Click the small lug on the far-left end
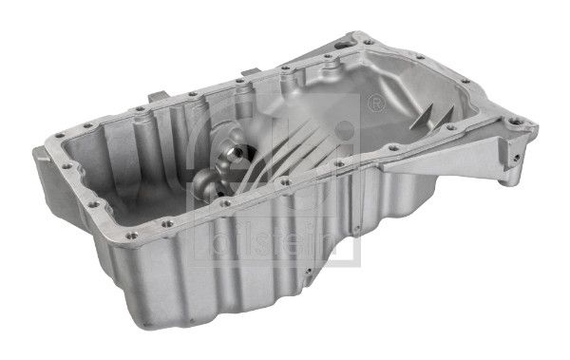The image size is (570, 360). (x=36, y=150)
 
